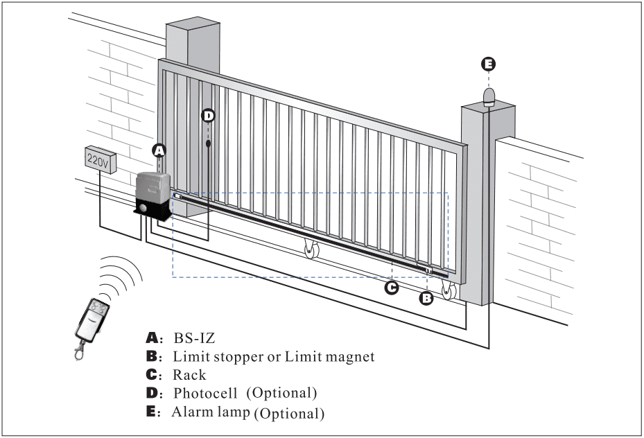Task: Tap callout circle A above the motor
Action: point(159,150)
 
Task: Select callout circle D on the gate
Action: point(208,116)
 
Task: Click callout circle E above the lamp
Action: point(489,64)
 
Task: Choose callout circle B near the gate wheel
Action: point(427,298)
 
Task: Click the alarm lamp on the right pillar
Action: point(489,96)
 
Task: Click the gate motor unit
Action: point(153,195)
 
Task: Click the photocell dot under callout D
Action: point(208,144)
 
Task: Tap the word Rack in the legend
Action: point(189,375)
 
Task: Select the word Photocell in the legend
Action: point(206,393)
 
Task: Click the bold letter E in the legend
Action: point(152,412)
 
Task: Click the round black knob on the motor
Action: point(142,207)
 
